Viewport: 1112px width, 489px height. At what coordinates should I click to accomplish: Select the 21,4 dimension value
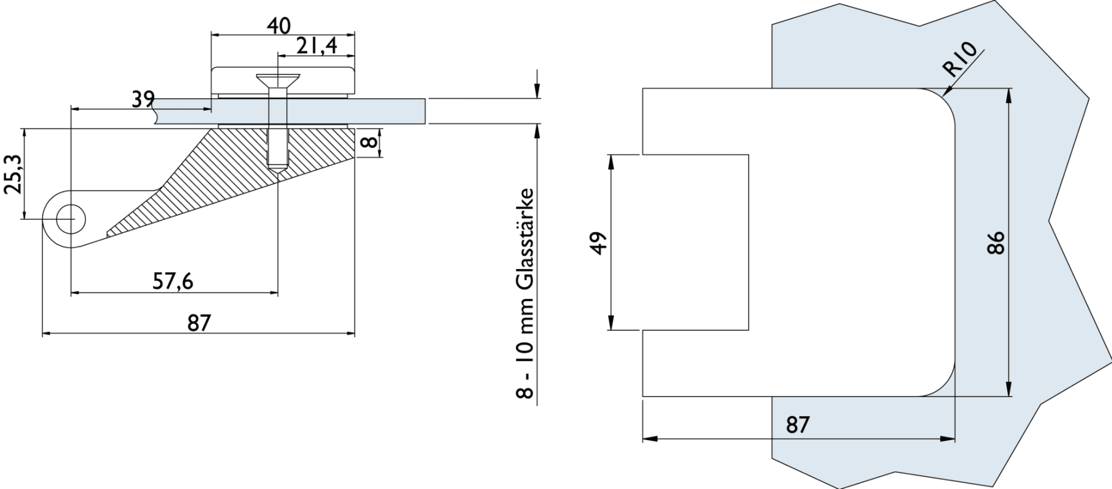[317, 46]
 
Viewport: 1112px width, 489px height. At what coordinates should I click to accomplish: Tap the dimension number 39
[143, 99]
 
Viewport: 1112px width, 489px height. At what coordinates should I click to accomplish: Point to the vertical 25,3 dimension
[13, 174]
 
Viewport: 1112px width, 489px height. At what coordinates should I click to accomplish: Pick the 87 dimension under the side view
[199, 323]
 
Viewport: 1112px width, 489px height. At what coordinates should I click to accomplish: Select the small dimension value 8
[368, 143]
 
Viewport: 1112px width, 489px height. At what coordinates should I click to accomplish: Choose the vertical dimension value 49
[600, 243]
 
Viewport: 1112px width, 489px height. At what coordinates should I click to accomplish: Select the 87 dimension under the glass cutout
[798, 425]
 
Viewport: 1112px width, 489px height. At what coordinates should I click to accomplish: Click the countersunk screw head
[278, 79]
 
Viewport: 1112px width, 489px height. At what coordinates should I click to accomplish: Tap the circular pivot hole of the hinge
[71, 219]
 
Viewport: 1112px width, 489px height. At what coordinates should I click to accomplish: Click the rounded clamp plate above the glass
[283, 79]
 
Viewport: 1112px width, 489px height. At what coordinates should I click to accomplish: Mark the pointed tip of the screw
[278, 171]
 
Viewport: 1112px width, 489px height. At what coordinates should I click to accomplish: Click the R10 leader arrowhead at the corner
[947, 94]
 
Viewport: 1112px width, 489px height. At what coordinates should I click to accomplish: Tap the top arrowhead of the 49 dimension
[611, 160]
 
